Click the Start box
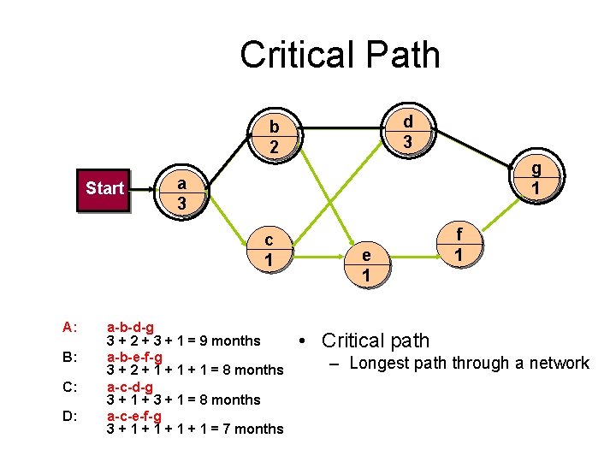pos(104,188)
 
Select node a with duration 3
pos(181,193)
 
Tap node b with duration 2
pos(273,137)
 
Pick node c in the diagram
pos(269,249)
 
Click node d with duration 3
pos(408,132)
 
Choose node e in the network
pos(366,264)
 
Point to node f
pos(459,245)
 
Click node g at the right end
pos(536,177)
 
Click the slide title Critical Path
pos(340,55)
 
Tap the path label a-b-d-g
pos(130,327)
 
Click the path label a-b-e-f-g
pos(134,356)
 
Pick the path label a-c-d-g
pos(130,386)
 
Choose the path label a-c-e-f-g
pos(134,416)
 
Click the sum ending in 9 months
pos(183,341)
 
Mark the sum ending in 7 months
pos(194,429)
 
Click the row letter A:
pos(70,327)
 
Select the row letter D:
pos(70,416)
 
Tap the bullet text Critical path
pos(376,341)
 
